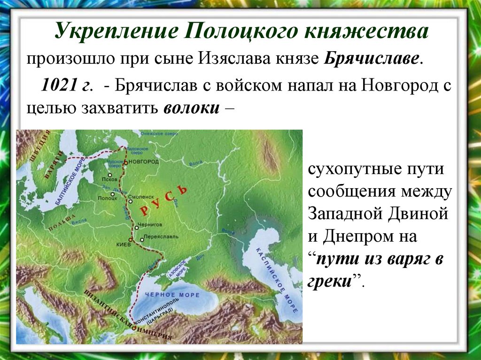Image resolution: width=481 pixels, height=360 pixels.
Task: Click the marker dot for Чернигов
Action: (136, 228)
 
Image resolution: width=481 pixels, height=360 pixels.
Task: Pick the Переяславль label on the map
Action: (161, 237)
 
